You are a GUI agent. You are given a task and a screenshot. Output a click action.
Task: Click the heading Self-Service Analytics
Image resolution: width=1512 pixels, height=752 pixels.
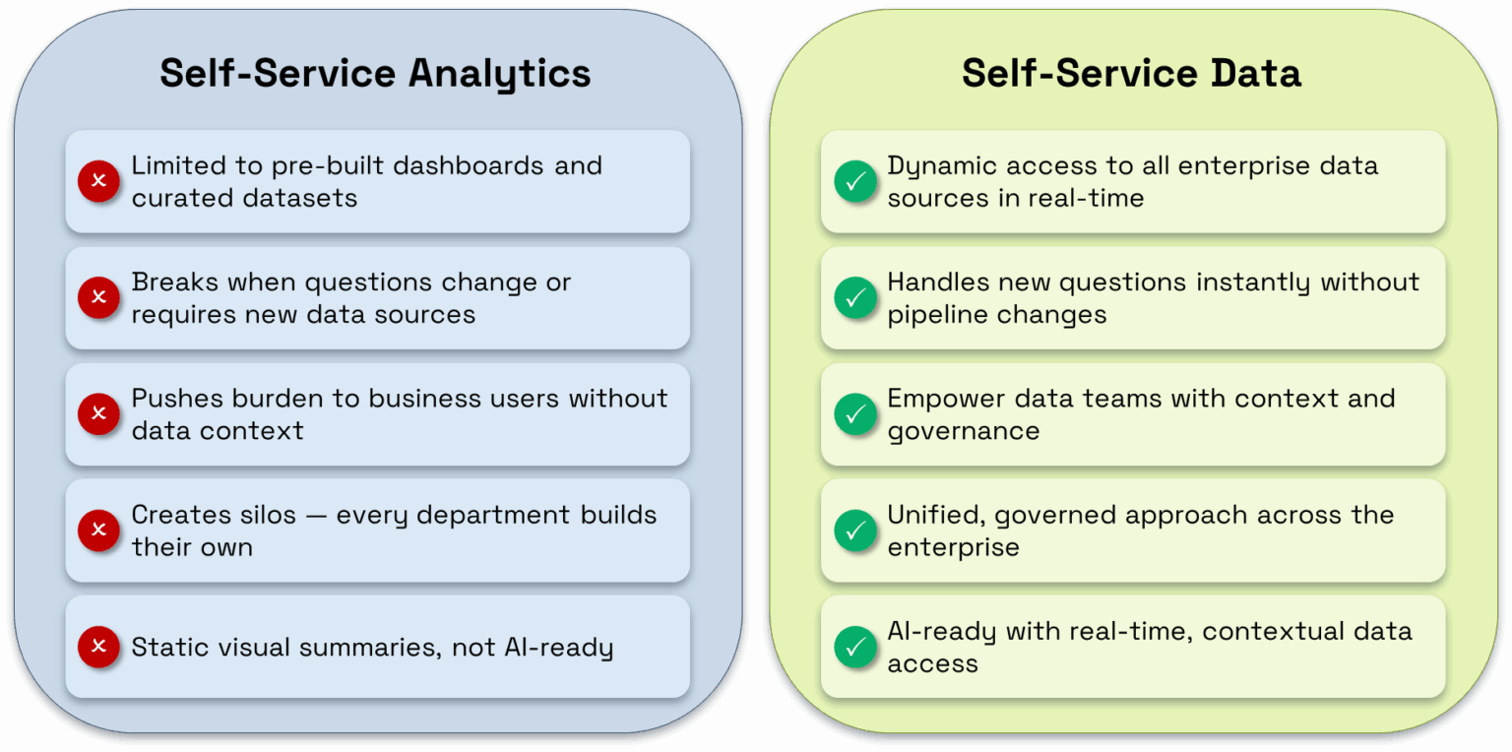pyautogui.click(x=375, y=74)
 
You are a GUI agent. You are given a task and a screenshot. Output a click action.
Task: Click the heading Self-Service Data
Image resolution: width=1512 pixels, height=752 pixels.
pyautogui.click(x=1131, y=74)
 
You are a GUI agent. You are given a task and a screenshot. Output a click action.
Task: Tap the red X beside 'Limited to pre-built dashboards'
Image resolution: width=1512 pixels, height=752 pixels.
pyautogui.click(x=98, y=181)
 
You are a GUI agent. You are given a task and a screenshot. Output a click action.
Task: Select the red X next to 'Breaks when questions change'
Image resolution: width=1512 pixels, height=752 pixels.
pyautogui.click(x=98, y=297)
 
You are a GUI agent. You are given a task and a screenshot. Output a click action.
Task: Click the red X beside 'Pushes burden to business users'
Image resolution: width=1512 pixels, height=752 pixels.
pyautogui.click(x=98, y=413)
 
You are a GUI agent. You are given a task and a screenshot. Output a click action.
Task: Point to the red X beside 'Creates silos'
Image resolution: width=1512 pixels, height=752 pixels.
pyautogui.click(x=98, y=530)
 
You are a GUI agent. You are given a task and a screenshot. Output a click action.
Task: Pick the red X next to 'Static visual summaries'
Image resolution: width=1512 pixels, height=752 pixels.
pyautogui.click(x=98, y=647)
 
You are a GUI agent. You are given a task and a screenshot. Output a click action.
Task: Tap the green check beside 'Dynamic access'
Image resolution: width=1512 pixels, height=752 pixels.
pyautogui.click(x=855, y=181)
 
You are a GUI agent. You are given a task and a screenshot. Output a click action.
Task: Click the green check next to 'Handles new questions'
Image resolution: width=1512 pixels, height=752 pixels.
pyautogui.click(x=855, y=297)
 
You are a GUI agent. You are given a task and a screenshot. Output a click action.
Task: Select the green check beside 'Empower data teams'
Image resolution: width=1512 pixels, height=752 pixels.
pyautogui.click(x=855, y=413)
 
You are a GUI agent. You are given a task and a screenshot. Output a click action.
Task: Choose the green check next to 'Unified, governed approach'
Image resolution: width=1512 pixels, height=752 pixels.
pyautogui.click(x=855, y=530)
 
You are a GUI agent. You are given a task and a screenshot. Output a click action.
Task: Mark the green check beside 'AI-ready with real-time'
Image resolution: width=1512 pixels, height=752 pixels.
pyautogui.click(x=855, y=647)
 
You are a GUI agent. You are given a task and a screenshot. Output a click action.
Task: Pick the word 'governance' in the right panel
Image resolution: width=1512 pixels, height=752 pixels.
pyautogui.click(x=963, y=431)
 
